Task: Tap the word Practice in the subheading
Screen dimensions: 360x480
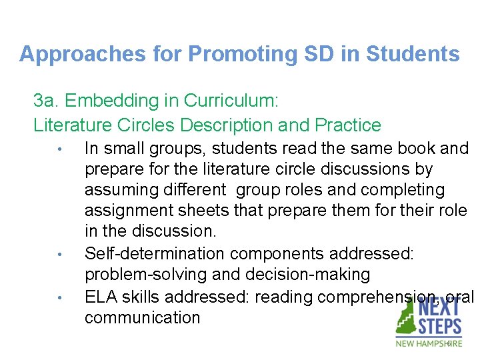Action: point(349,125)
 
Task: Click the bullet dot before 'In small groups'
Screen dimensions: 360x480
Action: point(59,149)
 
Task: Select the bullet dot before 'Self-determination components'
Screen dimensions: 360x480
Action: point(59,254)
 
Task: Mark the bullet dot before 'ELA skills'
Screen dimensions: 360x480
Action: point(59,297)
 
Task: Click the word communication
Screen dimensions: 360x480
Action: point(142,317)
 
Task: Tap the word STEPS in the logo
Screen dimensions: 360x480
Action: point(440,327)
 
